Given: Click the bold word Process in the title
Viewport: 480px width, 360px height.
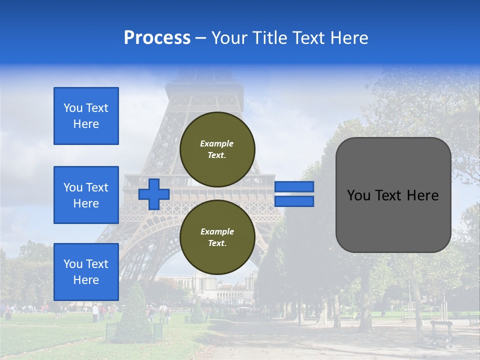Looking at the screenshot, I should [x=157, y=38].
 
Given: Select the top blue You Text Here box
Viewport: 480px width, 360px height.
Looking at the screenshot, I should [x=86, y=116].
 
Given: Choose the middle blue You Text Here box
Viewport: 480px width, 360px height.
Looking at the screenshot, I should [x=86, y=195].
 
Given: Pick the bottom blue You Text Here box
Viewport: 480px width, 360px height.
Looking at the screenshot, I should [x=86, y=272].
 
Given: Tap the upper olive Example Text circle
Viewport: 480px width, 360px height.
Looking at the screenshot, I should [x=217, y=149].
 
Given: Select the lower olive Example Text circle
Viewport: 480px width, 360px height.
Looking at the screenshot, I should [x=217, y=237].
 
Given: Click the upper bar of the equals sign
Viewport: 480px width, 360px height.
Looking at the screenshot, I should [x=294, y=186].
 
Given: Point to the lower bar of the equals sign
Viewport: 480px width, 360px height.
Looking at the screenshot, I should [x=294, y=201].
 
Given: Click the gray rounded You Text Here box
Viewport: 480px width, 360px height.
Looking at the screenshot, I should [x=393, y=195].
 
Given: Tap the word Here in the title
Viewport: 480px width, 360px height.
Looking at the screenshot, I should [x=350, y=38].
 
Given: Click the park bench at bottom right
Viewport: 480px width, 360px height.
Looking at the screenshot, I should [x=441, y=330].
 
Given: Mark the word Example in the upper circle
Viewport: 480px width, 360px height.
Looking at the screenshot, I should [x=217, y=143].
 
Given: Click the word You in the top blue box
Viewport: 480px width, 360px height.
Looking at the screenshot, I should [x=73, y=108].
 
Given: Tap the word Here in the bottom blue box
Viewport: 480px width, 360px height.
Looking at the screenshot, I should [x=86, y=280].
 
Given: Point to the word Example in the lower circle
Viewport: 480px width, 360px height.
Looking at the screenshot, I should [x=217, y=231].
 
